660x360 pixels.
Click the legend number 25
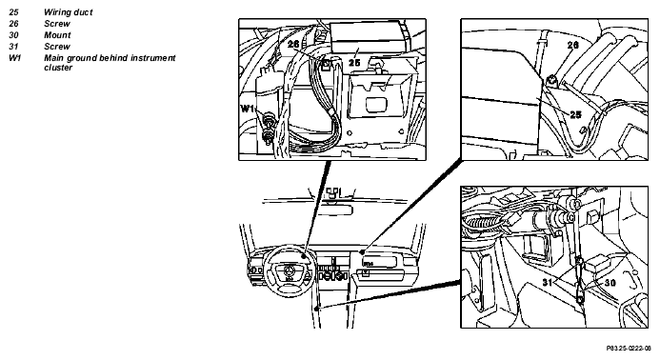click(13, 12)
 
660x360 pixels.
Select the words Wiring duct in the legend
click(69, 12)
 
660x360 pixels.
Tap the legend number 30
click(13, 35)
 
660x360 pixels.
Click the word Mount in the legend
click(57, 35)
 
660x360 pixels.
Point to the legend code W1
click(14, 58)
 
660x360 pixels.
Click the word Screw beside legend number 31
click(57, 47)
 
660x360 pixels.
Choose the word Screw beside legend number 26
click(57, 24)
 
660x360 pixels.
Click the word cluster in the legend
click(58, 68)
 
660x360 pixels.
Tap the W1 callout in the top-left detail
click(247, 109)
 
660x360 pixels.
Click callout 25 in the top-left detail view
click(354, 62)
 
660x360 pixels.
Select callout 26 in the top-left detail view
click(293, 44)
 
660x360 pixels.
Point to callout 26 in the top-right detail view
click(573, 45)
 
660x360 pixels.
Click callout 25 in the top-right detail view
click(575, 114)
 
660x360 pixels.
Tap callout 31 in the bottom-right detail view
click(548, 282)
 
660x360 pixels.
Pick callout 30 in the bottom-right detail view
click(610, 282)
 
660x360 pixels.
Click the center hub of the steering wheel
click(290, 271)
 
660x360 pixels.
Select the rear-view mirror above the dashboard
click(334, 210)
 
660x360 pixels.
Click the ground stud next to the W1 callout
click(268, 127)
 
